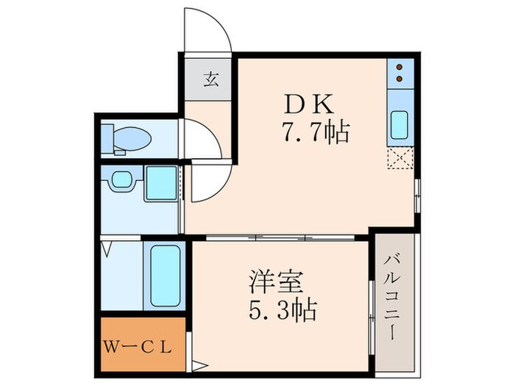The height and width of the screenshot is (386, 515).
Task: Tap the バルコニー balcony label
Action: click(x=394, y=302)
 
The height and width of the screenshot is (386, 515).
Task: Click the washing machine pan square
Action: click(x=160, y=183)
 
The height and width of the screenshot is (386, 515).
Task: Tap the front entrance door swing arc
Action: click(x=208, y=29)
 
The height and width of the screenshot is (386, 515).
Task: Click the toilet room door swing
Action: click(x=203, y=140)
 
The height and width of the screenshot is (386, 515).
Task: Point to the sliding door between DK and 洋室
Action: click(x=280, y=237)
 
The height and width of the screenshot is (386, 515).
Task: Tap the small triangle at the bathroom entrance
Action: click(x=107, y=249)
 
